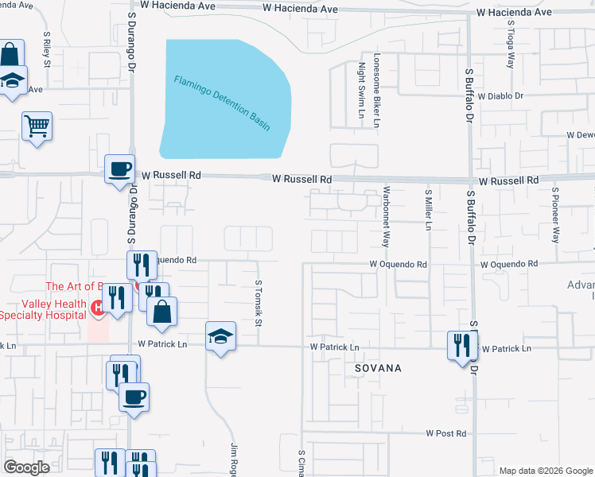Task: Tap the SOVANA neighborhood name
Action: click(378, 368)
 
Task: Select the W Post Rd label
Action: click(445, 433)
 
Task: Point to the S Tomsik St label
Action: click(259, 303)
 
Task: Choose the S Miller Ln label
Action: click(428, 209)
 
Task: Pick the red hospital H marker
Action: click(99, 307)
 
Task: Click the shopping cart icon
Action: click(37, 126)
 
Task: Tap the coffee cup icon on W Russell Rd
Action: click(120, 169)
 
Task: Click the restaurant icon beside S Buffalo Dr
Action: click(462, 344)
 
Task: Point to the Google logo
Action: click(27, 467)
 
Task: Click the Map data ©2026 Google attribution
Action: click(546, 471)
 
